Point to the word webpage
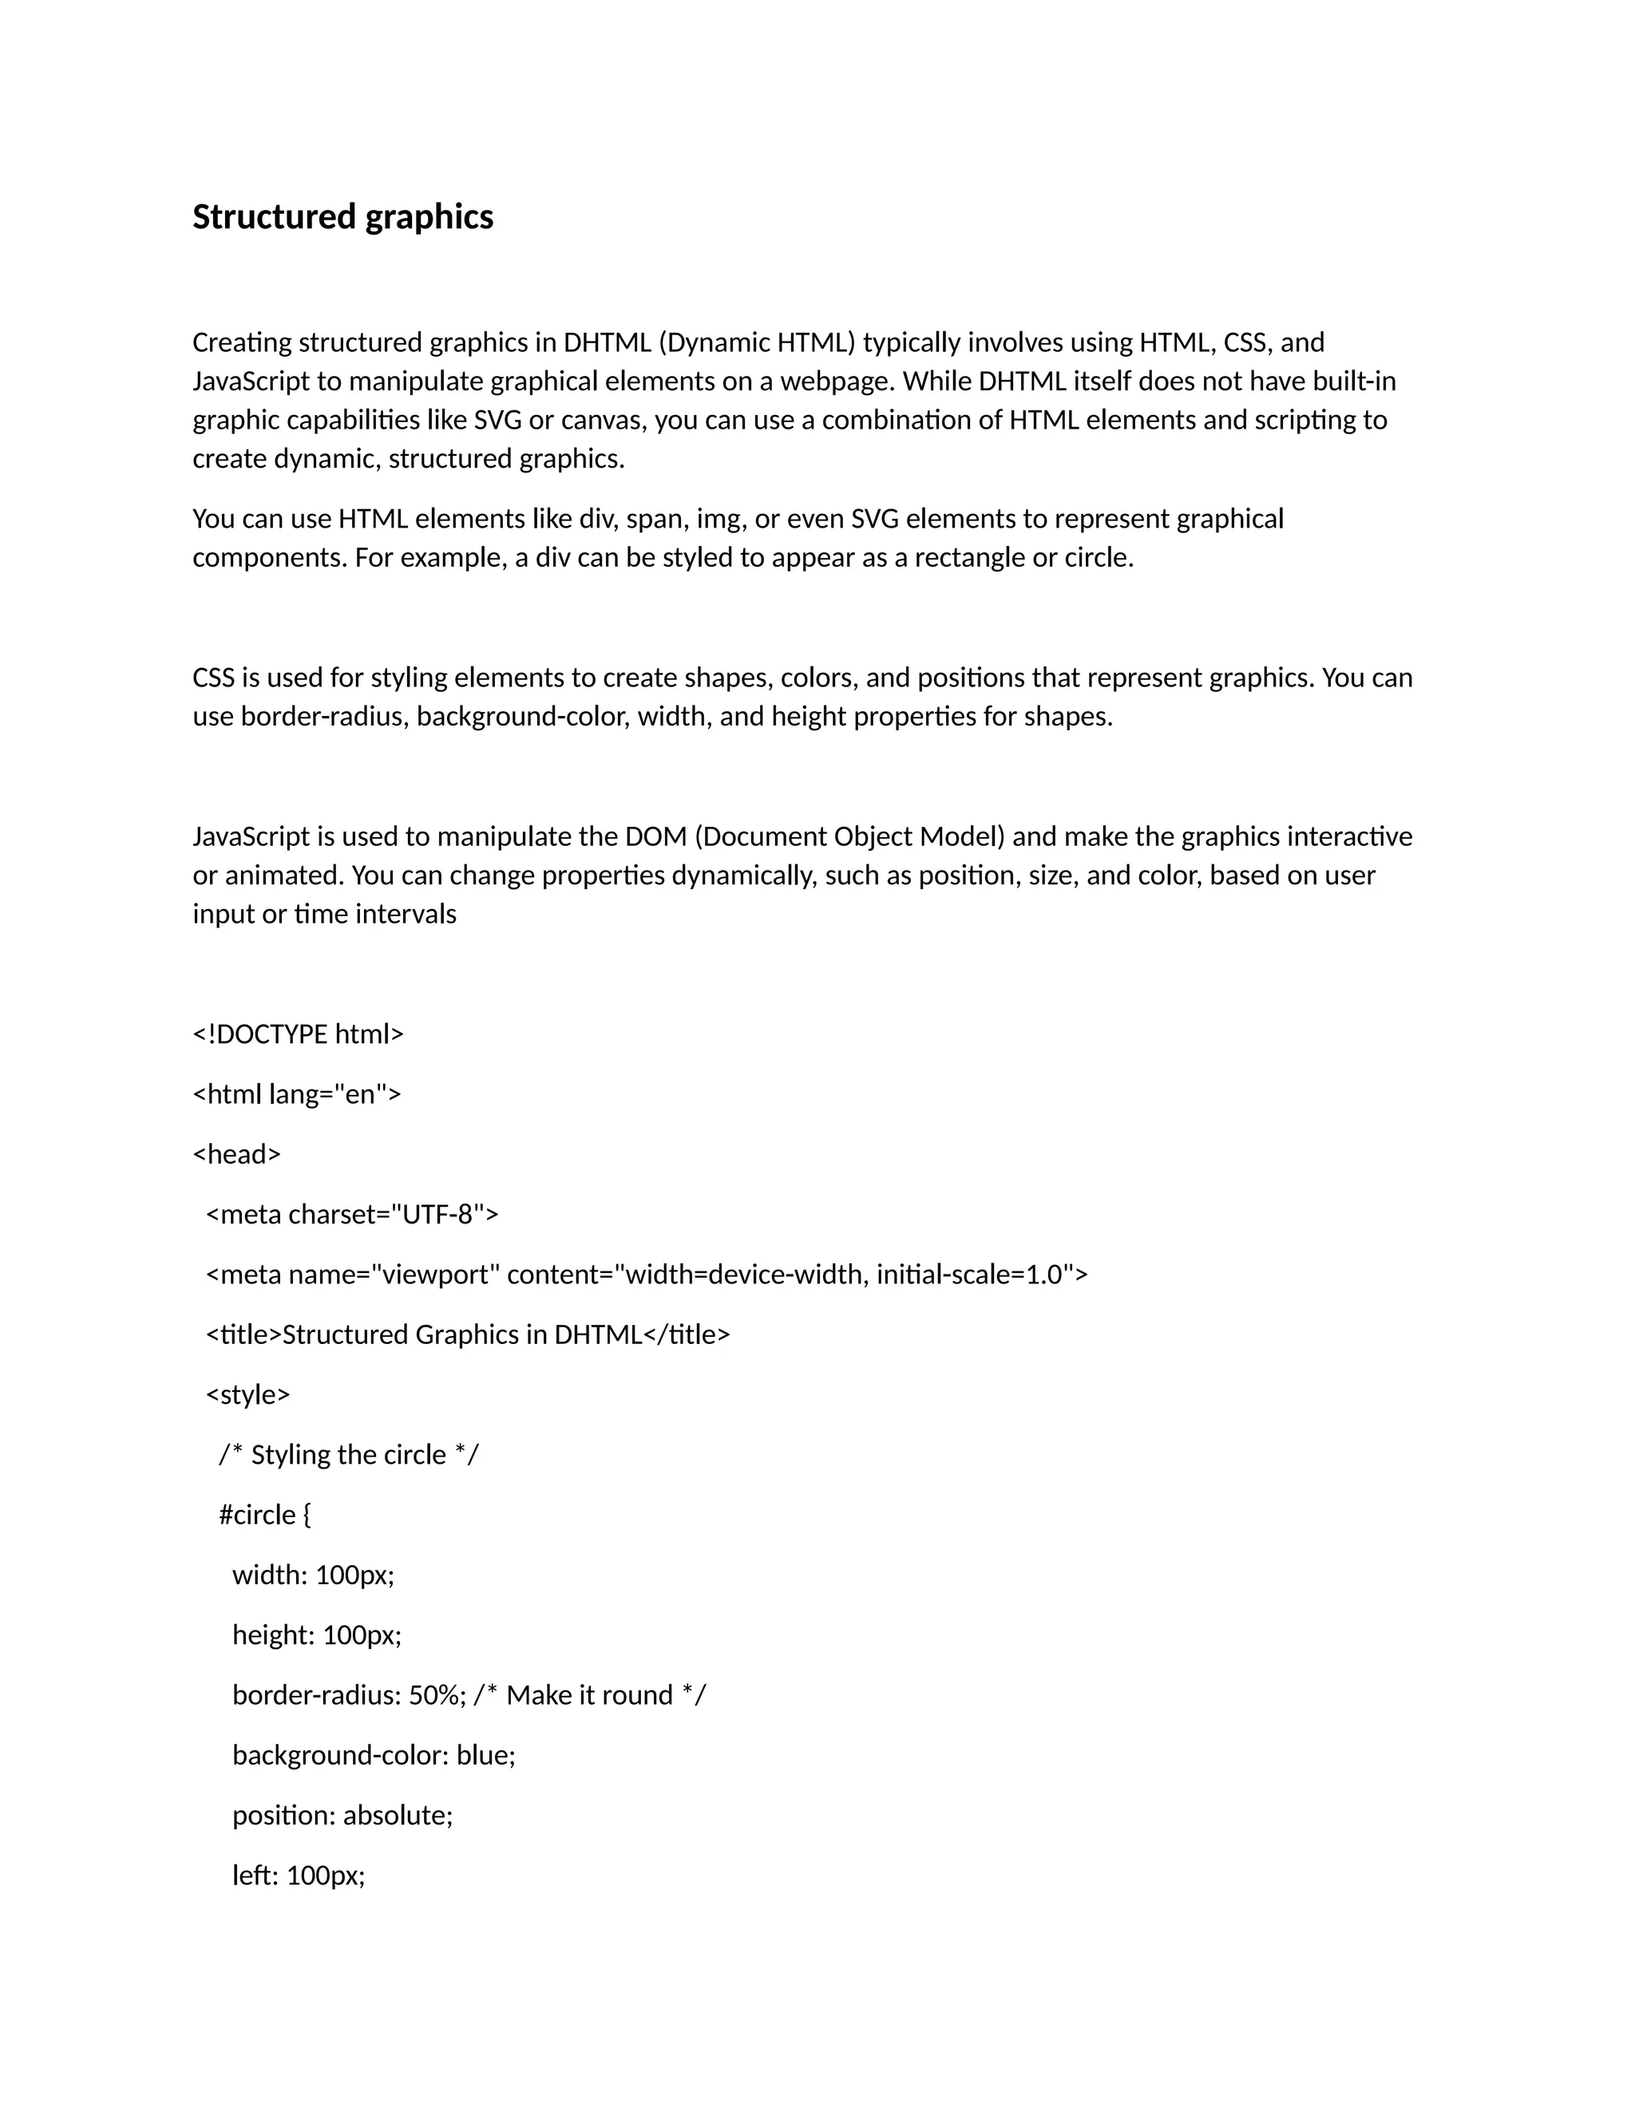(835, 381)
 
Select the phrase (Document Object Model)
(849, 836)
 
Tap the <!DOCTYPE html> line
(299, 1034)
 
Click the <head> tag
(237, 1154)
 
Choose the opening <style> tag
(248, 1394)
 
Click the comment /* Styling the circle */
(349, 1454)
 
